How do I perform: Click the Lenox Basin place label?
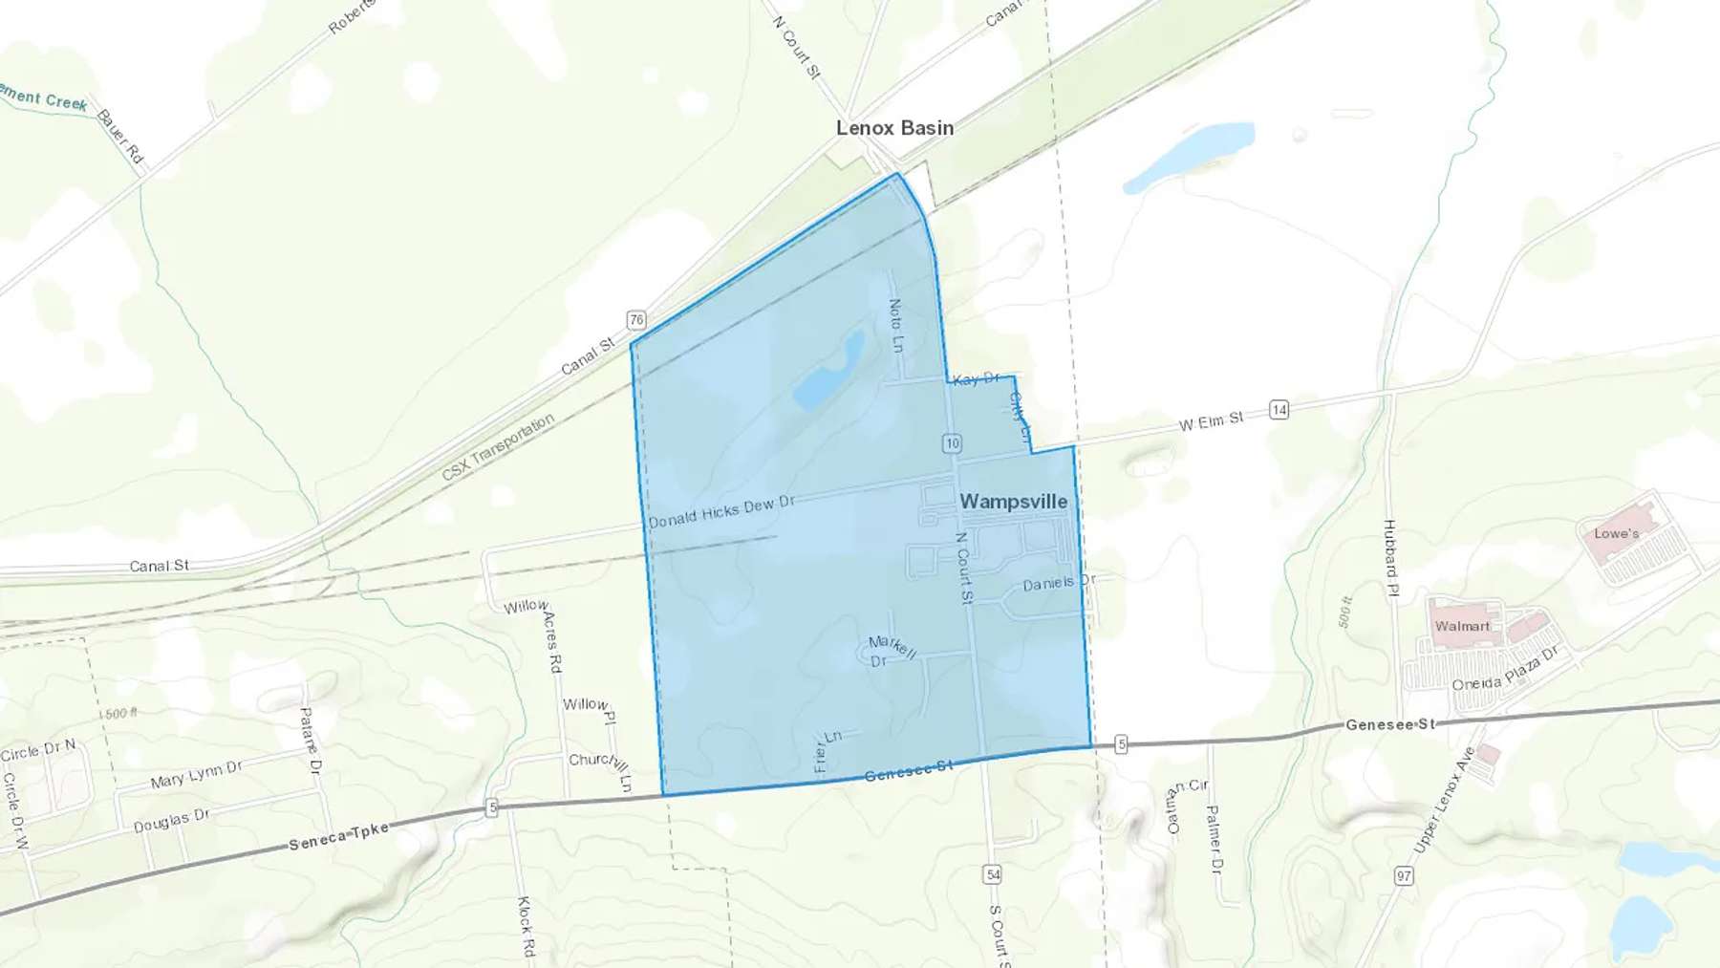pos(894,128)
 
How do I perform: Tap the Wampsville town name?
pos(1013,502)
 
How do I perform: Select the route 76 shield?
pos(636,320)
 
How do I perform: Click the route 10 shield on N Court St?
pos(952,443)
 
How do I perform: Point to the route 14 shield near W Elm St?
pos(1279,410)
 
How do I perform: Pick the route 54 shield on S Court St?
pos(993,874)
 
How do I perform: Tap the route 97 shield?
pos(1404,875)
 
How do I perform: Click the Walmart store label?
pos(1462,627)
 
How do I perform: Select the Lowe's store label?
pos(1616,534)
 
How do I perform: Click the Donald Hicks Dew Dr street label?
pos(721,511)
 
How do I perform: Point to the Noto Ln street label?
pos(895,326)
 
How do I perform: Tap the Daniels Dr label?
pos(1059,583)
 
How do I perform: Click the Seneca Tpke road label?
pos(339,836)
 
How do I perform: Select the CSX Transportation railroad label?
pos(498,447)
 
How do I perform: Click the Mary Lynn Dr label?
pos(196,775)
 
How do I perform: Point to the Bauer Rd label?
pos(120,137)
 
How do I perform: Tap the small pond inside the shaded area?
pos(828,372)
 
